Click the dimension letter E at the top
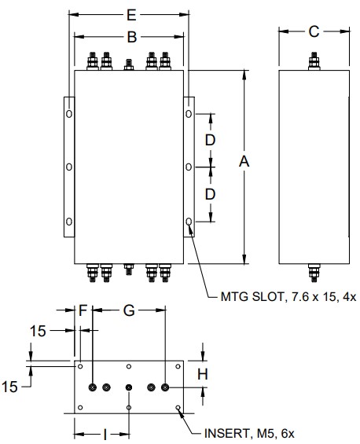click(131, 15)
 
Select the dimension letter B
click(132, 37)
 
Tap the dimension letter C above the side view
click(314, 31)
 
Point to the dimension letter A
click(244, 162)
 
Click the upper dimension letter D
click(210, 140)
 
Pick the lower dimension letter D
click(210, 194)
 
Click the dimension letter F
click(83, 310)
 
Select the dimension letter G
click(129, 310)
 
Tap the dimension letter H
click(203, 374)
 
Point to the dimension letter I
click(105, 434)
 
